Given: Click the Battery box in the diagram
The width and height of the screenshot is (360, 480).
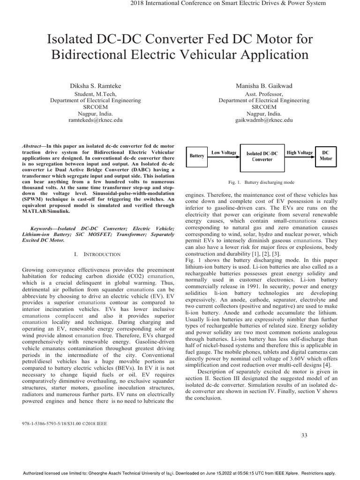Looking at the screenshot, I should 196,156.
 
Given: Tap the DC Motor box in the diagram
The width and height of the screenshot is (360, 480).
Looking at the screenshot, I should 326,156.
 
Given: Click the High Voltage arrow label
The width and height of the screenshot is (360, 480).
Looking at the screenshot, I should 299,153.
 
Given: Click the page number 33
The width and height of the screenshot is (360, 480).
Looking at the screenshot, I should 304,435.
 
